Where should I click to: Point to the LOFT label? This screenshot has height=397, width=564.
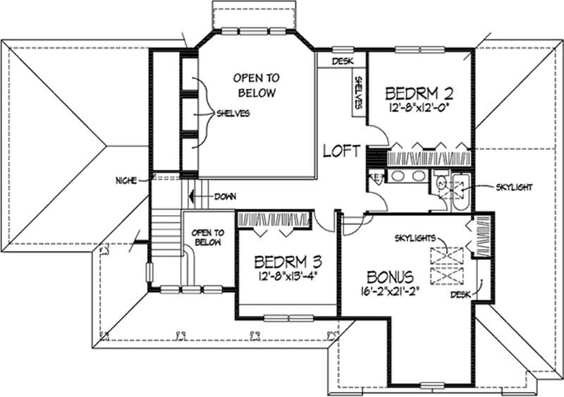(x=342, y=150)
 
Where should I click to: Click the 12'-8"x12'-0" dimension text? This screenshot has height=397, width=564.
(x=419, y=107)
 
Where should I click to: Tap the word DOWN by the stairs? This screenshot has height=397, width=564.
(x=225, y=196)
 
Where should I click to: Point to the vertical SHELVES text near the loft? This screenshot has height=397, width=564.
(x=358, y=92)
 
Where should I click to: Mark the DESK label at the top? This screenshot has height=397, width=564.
(x=341, y=61)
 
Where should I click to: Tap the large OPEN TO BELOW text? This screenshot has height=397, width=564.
(x=256, y=86)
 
